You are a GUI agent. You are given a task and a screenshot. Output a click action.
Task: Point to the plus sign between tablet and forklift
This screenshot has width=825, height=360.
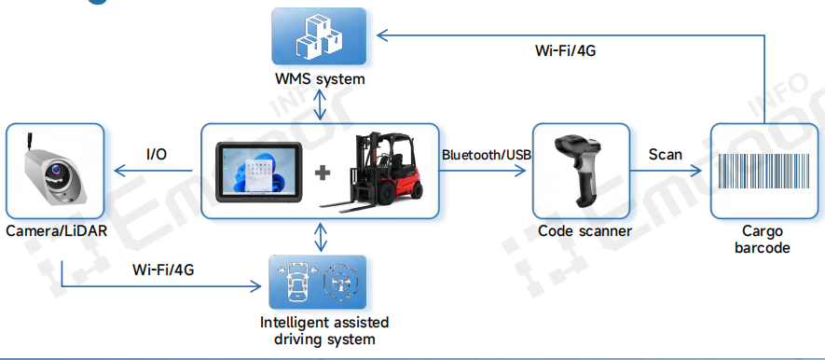[x=323, y=173]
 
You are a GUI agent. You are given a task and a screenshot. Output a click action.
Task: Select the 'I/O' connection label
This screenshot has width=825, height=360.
[x=157, y=154]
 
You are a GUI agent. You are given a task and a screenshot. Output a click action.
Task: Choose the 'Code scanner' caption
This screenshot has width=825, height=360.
[x=584, y=230]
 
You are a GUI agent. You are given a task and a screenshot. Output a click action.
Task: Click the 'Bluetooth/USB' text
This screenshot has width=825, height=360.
[x=486, y=154]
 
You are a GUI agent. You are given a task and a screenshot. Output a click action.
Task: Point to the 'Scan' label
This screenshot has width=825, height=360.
[x=666, y=154]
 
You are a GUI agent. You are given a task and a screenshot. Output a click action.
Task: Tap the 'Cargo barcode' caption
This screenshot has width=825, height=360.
[x=762, y=239]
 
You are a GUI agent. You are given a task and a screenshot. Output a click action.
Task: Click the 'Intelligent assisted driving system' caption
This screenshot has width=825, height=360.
[x=323, y=330]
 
